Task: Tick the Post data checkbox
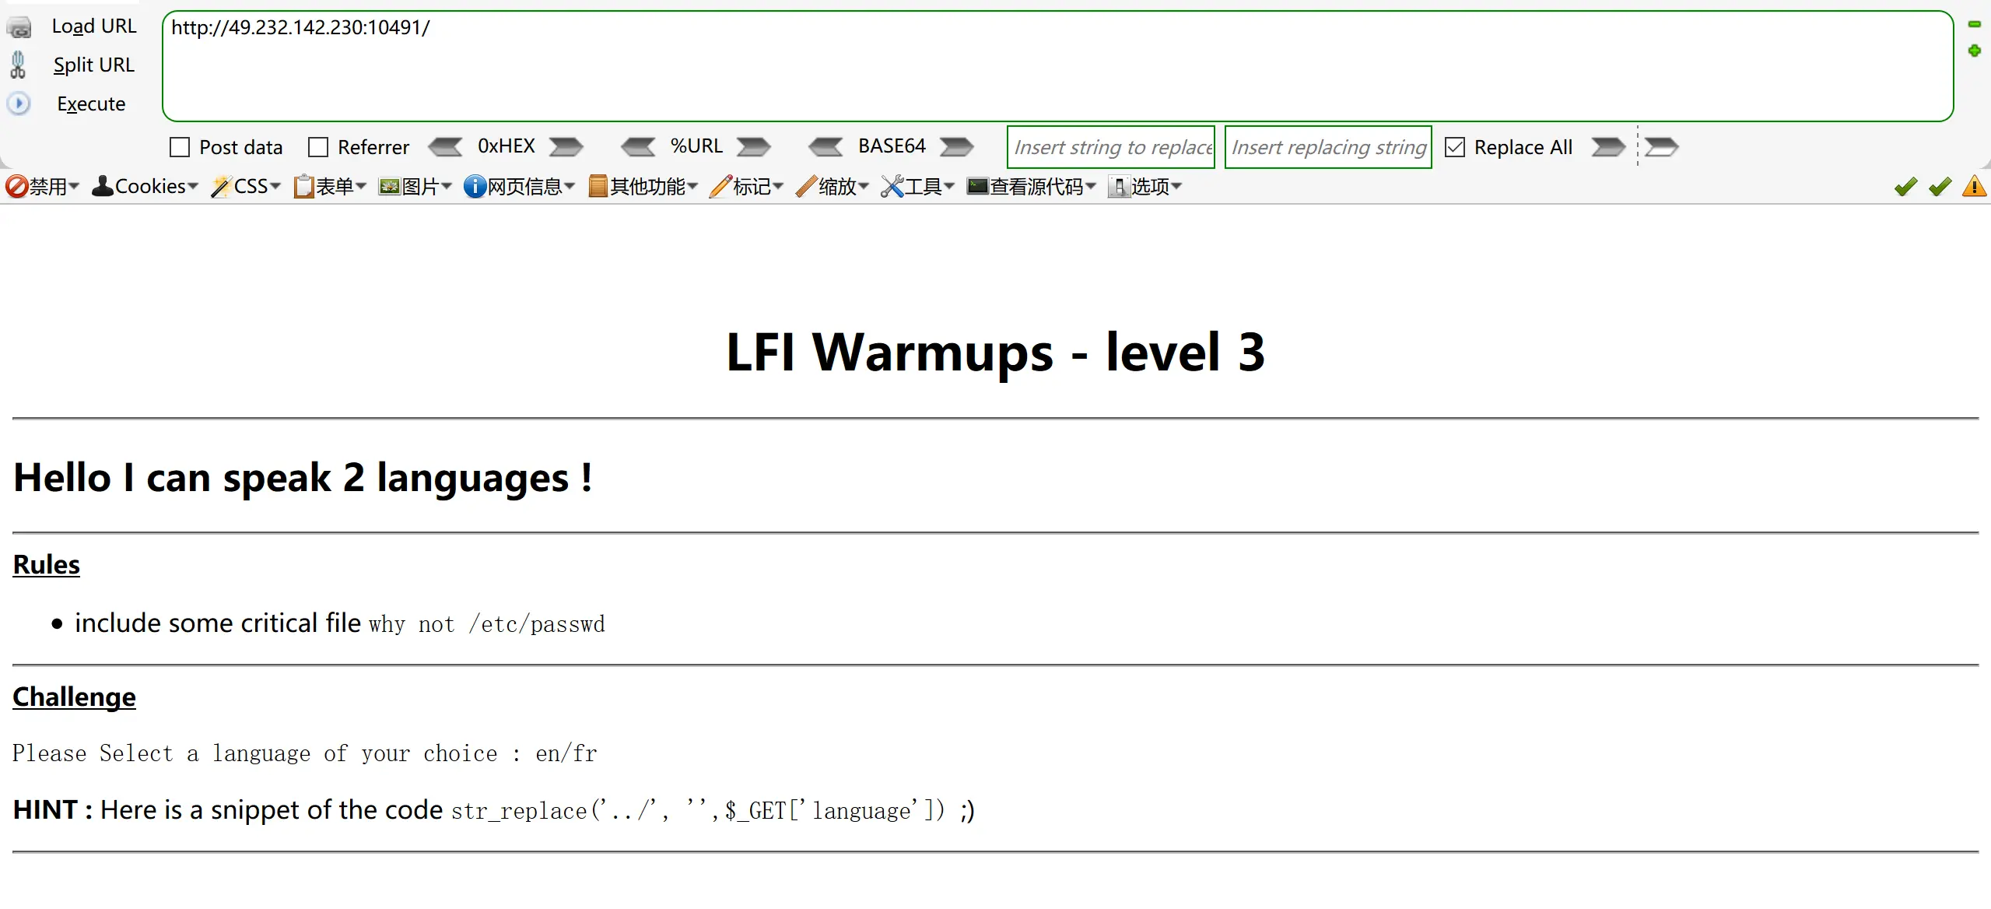coord(180,147)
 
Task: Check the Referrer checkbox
coord(318,147)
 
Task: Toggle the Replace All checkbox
coord(1454,147)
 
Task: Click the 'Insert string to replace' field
coord(1110,147)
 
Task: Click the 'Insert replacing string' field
coord(1327,147)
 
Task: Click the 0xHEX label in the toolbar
coord(506,146)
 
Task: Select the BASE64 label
coord(892,146)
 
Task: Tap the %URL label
coord(696,146)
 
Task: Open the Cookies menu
coord(145,187)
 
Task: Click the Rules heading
coord(47,564)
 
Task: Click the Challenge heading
coord(74,697)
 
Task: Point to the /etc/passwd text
coord(536,624)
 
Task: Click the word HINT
coord(45,810)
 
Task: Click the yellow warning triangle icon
coord(1974,187)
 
